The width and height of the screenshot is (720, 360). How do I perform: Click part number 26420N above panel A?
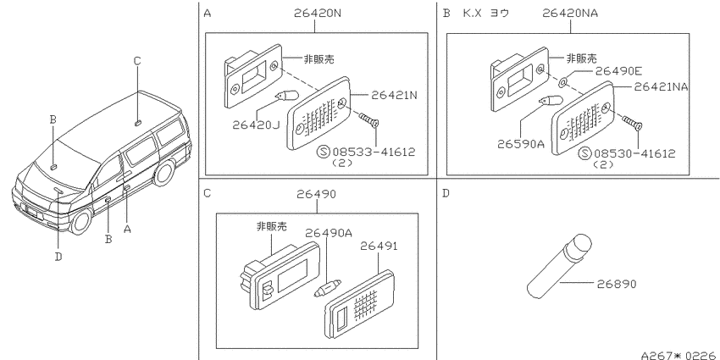pos(318,14)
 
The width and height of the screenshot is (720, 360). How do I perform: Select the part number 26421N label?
pos(394,95)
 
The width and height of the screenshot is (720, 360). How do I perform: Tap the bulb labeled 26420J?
pos(286,97)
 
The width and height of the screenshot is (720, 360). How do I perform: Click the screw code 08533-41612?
pos(374,152)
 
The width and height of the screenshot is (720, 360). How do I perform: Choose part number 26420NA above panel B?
pos(570,14)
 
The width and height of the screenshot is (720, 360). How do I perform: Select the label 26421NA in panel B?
pos(661,86)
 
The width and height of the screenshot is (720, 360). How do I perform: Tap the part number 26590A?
pos(521,144)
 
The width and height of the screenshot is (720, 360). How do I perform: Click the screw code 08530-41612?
pos(634,153)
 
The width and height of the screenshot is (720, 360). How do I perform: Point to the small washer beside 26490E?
pos(563,83)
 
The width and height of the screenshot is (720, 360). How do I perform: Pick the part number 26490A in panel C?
pos(329,233)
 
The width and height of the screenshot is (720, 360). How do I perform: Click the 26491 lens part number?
pos(379,246)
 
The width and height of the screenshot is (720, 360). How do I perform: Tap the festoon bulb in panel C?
pos(328,287)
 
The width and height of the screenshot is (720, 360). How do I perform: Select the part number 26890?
pos(617,284)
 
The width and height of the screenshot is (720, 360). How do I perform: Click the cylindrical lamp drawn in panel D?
pos(559,265)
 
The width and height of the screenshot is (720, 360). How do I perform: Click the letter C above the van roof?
pos(137,61)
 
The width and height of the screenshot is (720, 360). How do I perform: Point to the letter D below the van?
pos(58,257)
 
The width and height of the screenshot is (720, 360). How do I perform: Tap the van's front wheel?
pos(81,221)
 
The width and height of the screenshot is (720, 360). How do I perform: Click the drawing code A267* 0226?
pos(679,355)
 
